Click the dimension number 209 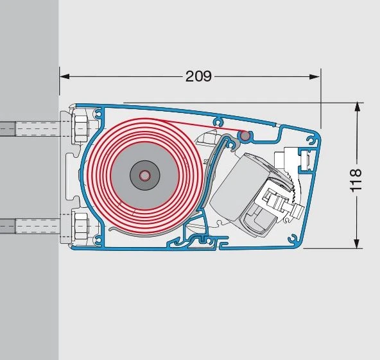click(198, 76)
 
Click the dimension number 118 click(356, 180)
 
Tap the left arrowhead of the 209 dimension click(65, 76)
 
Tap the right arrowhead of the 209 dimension click(315, 77)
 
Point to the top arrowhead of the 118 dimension click(357, 107)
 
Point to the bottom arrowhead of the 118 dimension click(356, 243)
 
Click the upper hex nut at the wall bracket click(81, 128)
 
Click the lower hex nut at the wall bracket click(81, 225)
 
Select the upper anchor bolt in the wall click(30, 128)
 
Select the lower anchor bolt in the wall click(30, 226)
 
